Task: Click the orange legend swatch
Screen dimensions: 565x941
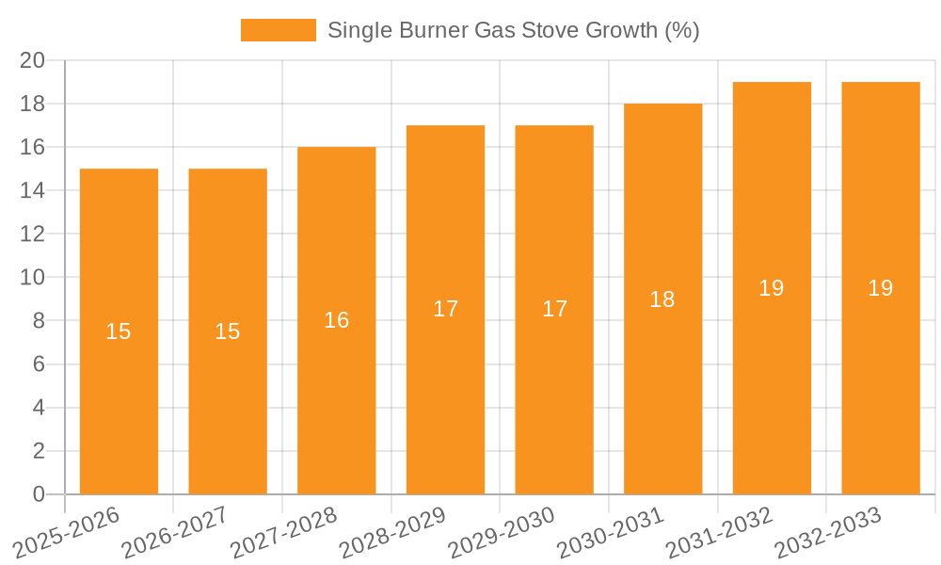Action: click(x=279, y=30)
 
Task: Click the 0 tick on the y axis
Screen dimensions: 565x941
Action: click(x=39, y=494)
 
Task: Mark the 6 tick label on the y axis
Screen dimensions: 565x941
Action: click(x=39, y=364)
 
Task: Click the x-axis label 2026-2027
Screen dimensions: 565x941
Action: click(x=174, y=531)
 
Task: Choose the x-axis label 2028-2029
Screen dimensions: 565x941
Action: click(x=391, y=531)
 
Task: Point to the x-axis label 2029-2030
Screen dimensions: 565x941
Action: click(x=501, y=531)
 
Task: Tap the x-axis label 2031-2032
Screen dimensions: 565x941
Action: click(x=718, y=531)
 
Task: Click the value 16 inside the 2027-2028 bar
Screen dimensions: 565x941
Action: click(x=336, y=320)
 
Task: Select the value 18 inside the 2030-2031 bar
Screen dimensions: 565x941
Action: click(x=662, y=299)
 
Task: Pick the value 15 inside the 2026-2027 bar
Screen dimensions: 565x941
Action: click(x=228, y=331)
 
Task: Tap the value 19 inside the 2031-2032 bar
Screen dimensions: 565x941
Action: click(x=772, y=288)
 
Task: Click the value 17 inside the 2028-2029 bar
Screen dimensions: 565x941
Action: click(x=445, y=309)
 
